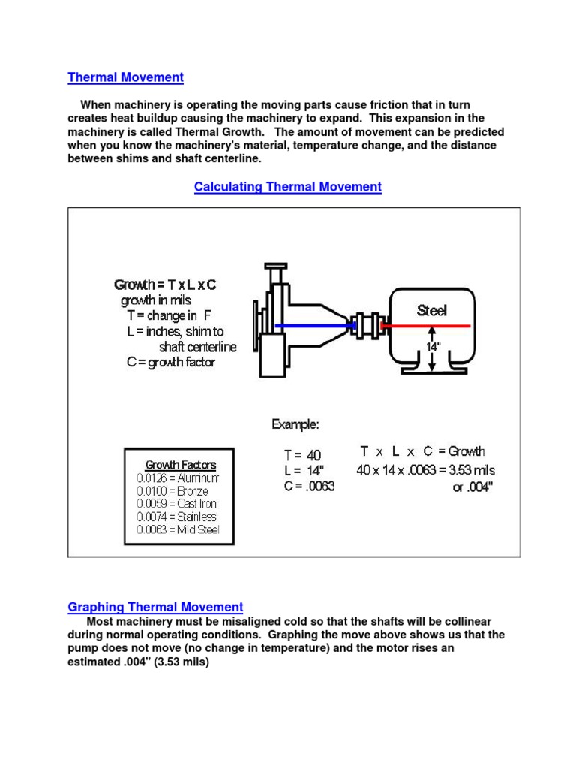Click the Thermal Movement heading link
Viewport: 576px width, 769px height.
coord(125,77)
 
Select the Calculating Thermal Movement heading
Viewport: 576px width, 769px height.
coord(287,187)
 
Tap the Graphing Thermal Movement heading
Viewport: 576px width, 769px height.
coord(155,607)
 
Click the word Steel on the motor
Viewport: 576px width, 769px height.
coord(431,311)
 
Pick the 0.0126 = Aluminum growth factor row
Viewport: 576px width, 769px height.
coord(178,478)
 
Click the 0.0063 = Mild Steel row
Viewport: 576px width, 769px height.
coord(178,529)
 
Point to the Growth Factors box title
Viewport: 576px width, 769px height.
coord(180,465)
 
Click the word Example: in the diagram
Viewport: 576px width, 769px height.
coord(295,424)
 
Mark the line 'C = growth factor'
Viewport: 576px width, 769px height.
coord(171,362)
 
